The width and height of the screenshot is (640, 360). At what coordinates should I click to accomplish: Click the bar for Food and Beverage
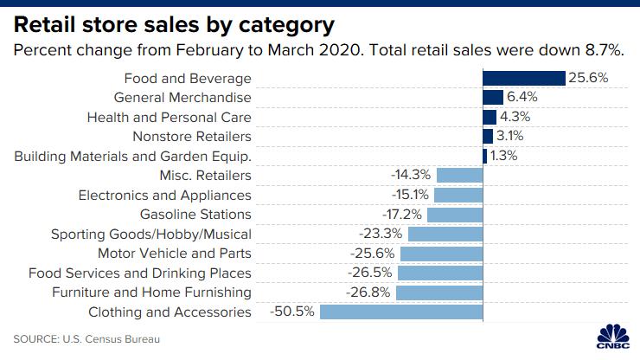[524, 78]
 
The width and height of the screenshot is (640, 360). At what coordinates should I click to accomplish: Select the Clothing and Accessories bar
[402, 312]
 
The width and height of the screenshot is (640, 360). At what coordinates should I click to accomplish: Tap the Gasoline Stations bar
[455, 214]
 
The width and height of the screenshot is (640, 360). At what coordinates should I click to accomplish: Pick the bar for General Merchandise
[493, 98]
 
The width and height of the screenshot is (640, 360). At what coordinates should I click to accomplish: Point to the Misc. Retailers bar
[460, 175]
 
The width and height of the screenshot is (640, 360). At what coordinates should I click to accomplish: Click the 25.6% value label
[589, 78]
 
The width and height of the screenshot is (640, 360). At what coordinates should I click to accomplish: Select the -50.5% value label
[294, 312]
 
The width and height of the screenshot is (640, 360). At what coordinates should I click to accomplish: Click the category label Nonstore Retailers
[192, 137]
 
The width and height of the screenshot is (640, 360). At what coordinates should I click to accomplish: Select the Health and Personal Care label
[170, 117]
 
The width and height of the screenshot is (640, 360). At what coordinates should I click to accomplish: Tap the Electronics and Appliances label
[165, 195]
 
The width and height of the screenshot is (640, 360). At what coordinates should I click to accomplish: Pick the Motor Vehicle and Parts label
[175, 253]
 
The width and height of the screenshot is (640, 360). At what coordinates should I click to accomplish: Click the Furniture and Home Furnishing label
[152, 292]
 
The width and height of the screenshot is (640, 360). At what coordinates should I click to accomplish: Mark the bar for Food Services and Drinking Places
[441, 273]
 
